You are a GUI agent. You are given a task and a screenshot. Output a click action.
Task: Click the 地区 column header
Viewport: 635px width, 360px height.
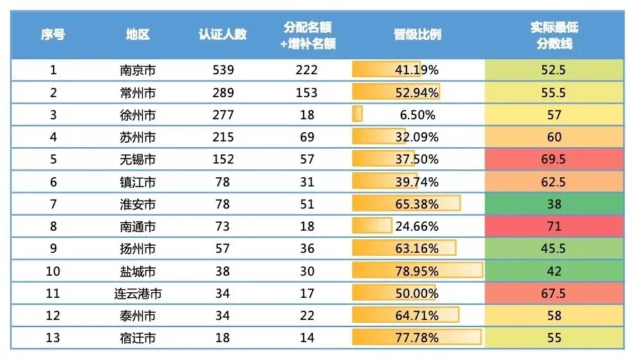pyautogui.click(x=138, y=34)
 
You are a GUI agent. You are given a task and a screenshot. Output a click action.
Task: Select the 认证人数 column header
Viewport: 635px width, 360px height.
pyautogui.click(x=223, y=34)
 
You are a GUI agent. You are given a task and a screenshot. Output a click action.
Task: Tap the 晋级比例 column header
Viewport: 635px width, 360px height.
pyautogui.click(x=417, y=34)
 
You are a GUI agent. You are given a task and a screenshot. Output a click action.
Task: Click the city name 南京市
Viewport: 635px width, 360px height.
pyautogui.click(x=138, y=70)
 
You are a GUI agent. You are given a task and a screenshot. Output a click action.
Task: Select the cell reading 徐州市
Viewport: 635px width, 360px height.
pyautogui.click(x=138, y=115)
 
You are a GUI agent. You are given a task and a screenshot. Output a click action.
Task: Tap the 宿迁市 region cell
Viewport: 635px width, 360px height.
pyautogui.click(x=138, y=338)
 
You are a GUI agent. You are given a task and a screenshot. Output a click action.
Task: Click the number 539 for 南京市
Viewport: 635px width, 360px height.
pyautogui.click(x=223, y=70)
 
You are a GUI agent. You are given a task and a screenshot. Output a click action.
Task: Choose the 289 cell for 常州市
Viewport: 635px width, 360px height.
pyautogui.click(x=223, y=93)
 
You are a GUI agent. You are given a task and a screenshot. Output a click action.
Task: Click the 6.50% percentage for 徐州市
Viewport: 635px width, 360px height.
pyautogui.click(x=417, y=115)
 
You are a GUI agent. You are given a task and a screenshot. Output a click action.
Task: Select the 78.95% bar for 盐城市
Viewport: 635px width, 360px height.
pyautogui.click(x=417, y=271)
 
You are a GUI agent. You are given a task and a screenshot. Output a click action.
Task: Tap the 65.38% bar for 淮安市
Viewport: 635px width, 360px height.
pyautogui.click(x=417, y=204)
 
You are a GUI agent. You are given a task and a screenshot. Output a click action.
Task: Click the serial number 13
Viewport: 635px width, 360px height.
pyautogui.click(x=53, y=338)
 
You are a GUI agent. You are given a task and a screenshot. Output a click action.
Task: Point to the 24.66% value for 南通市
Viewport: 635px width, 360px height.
pyautogui.click(x=417, y=226)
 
